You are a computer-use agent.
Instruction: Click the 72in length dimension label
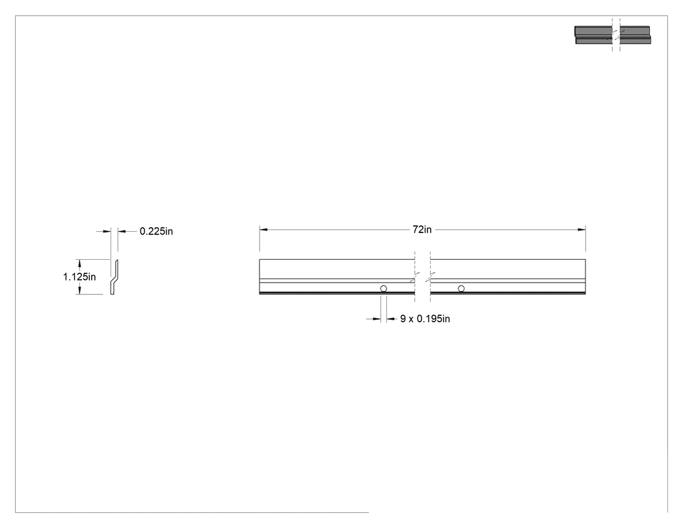(422, 229)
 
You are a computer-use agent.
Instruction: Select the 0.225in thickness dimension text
(156, 232)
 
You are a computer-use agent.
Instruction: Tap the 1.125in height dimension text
(79, 277)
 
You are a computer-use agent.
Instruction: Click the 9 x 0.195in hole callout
(425, 319)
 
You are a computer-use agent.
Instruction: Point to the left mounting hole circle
(383, 288)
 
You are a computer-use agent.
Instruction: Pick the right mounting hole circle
(461, 288)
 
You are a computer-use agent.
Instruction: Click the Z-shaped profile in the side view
(114, 277)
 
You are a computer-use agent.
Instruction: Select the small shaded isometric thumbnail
(613, 35)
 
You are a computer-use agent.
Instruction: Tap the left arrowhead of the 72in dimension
(263, 229)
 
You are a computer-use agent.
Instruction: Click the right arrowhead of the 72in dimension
(582, 229)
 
